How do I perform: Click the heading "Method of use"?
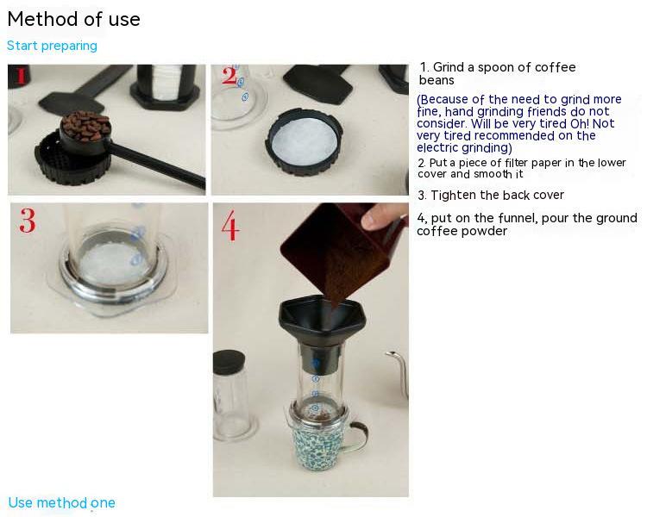coord(74,19)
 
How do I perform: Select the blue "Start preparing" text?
coord(52,46)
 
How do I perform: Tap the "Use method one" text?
coord(61,502)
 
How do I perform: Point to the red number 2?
coord(229,76)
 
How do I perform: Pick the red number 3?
coord(28,221)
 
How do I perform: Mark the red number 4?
coord(230,225)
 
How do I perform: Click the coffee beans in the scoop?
coord(85,126)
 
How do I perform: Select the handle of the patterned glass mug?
coord(358,436)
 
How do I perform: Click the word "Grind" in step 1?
coord(449,67)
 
